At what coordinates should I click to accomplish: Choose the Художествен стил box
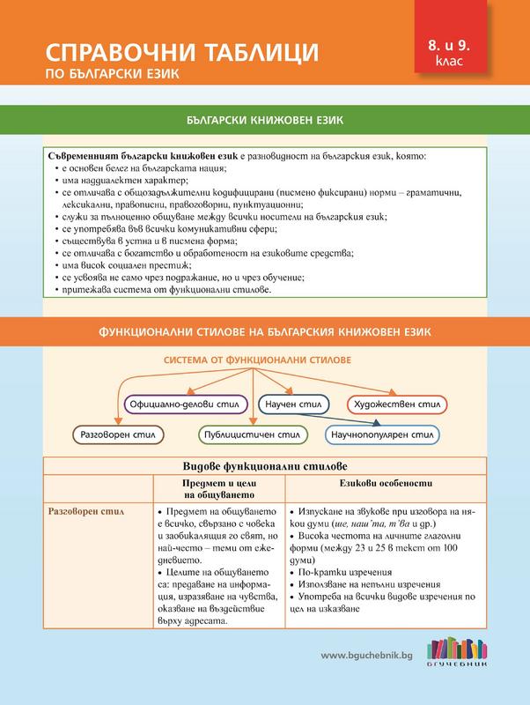coord(393,404)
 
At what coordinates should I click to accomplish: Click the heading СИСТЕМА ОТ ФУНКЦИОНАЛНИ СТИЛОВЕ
coord(256,360)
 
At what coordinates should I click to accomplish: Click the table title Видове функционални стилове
coord(264,464)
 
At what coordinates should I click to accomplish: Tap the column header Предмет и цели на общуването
coord(217,490)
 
